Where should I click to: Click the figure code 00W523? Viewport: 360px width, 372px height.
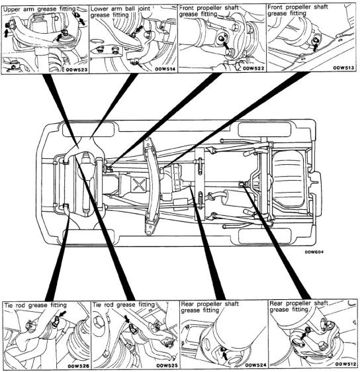click(77, 70)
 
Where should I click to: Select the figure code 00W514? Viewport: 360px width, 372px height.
click(165, 69)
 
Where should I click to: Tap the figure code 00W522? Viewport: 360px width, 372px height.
click(253, 69)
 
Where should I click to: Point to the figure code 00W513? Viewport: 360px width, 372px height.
click(343, 68)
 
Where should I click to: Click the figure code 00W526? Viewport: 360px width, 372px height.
click(79, 366)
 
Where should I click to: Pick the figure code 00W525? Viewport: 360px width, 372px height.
click(167, 365)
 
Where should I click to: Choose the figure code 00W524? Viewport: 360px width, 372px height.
click(255, 365)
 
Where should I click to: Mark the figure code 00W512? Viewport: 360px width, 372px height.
click(345, 364)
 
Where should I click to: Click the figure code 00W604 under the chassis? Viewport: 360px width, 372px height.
click(314, 252)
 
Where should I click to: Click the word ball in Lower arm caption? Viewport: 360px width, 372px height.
click(131, 9)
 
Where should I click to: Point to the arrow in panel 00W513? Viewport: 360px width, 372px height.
click(315, 47)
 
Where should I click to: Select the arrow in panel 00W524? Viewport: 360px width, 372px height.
click(225, 355)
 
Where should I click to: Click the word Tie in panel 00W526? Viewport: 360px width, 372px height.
click(9, 305)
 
